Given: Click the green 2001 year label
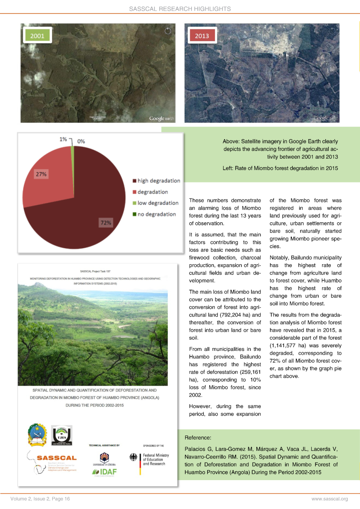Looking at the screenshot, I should click(x=37, y=36).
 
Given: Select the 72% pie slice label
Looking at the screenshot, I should click(x=106, y=222).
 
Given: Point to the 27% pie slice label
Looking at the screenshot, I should click(x=41, y=174).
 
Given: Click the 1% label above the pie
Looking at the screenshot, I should click(x=63, y=139).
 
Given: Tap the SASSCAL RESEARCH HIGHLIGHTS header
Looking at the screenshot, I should click(x=180, y=8).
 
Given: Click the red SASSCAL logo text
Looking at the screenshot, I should click(x=57, y=458).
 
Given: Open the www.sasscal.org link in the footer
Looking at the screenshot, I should click(x=329, y=499).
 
